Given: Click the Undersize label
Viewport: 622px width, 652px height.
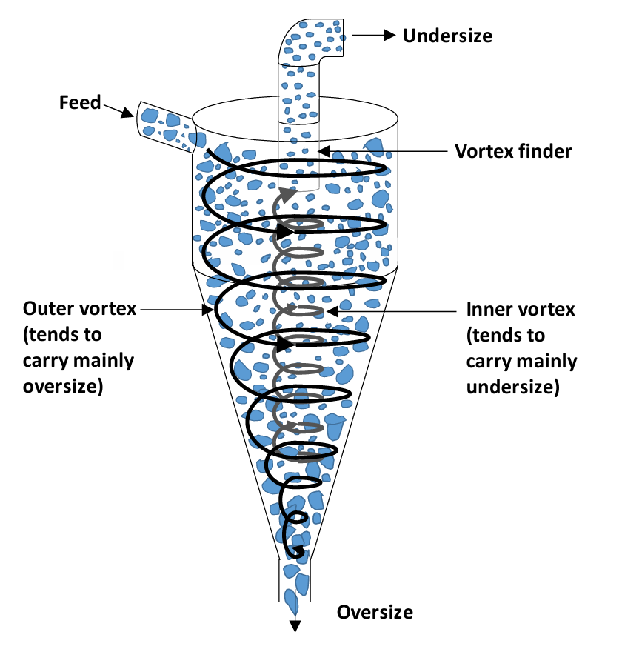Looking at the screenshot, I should tap(447, 35).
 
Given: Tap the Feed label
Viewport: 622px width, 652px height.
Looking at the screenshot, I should tap(80, 102).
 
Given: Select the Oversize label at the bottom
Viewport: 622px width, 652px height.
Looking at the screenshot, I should tap(375, 612).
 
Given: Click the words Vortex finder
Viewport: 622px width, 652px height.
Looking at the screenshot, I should tap(513, 151).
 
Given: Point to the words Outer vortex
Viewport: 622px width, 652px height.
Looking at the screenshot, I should tap(80, 308).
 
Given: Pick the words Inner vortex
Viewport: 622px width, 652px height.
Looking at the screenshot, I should tap(521, 308).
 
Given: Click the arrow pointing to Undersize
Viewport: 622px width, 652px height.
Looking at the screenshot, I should tap(375, 34).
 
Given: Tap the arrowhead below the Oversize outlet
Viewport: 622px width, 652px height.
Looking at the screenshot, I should tap(295, 626).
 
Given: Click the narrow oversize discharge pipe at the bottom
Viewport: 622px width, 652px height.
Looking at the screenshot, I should tap(295, 582).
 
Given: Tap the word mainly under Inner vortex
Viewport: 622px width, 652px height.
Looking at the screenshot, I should tap(546, 362).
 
